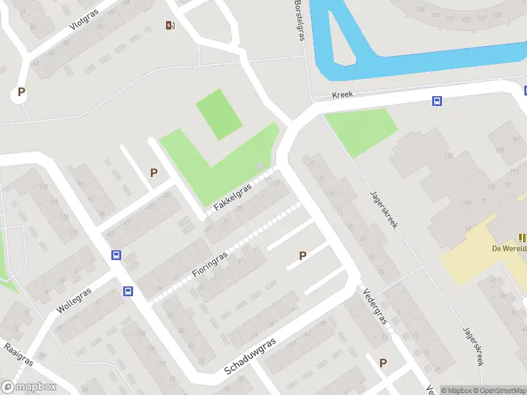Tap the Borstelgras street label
[300, 20]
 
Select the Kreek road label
[343, 95]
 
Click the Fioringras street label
[211, 264]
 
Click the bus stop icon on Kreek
[436, 101]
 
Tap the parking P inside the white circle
[21, 93]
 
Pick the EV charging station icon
[171, 26]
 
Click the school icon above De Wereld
[523, 238]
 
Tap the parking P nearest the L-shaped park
[154, 172]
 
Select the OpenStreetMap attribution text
[498, 390]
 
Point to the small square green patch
[219, 114]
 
